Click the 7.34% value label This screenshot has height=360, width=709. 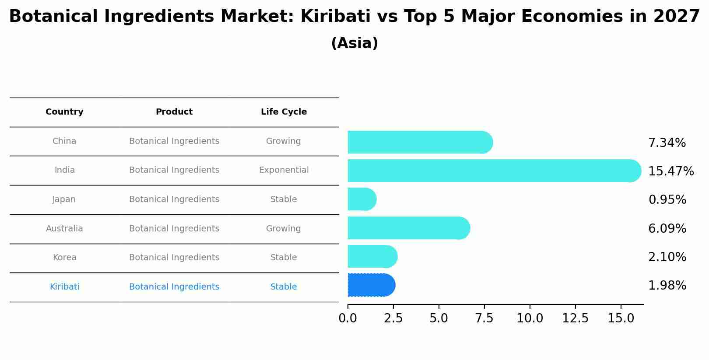pos(667,143)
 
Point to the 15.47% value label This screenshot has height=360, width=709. pos(670,171)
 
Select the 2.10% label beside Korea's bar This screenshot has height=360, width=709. pos(667,257)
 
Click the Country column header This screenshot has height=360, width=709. pos(64,112)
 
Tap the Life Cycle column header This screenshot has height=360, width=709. pos(284,112)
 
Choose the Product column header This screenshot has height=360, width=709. pos(174,112)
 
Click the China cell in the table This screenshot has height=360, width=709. pos(64,141)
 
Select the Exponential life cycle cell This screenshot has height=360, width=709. pos(284,170)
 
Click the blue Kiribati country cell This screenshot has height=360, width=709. pos(64,287)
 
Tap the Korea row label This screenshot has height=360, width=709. pos(64,258)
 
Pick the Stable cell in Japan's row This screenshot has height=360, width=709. pos(284,199)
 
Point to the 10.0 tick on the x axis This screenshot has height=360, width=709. pos(530,318)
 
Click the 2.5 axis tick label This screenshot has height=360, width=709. pos(393,318)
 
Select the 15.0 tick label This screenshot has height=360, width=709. pos(621,318)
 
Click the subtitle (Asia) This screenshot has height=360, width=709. pos(354,43)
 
